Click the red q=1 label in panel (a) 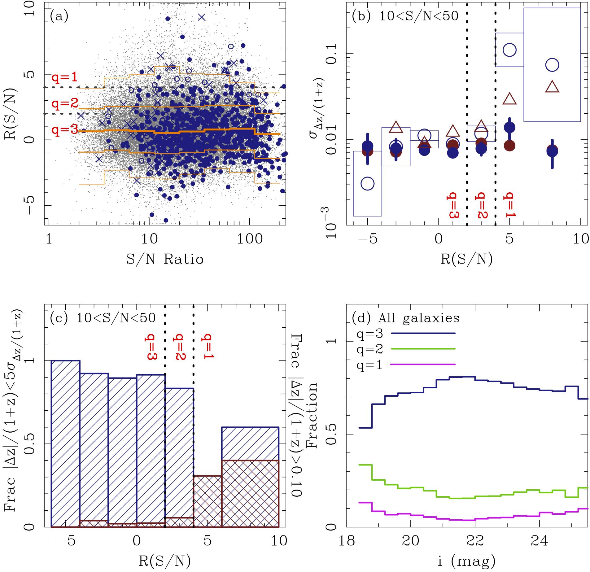coord(64,77)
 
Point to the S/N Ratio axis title coord(165,259)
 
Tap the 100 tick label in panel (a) coord(250,239)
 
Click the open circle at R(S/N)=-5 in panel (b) coord(368,183)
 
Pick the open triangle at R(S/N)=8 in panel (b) coord(552,86)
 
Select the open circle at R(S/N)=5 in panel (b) coord(509,50)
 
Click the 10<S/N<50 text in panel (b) coord(419,16)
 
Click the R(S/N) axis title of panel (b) coord(466,259)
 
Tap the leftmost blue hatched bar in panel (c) coord(65,443)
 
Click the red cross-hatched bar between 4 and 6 coord(208,501)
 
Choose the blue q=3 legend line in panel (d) coord(423,333)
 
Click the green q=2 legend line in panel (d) coord(423,349)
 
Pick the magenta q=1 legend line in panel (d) coord(423,365)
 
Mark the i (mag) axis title coord(467,561)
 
